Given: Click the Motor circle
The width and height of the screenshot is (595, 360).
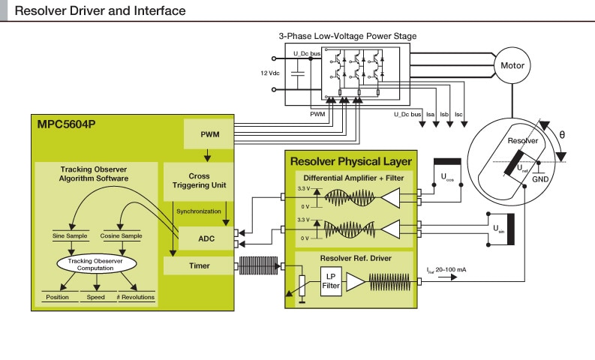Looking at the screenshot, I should (x=513, y=66).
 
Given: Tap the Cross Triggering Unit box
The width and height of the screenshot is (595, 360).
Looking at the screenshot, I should (x=199, y=180).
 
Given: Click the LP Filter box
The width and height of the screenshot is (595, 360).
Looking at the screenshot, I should (x=331, y=280).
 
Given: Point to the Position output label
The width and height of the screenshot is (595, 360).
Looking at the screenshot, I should (x=57, y=298).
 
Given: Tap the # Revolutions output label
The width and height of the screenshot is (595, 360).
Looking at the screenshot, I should (x=135, y=298).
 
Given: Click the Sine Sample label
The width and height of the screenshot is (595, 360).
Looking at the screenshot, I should (x=72, y=236).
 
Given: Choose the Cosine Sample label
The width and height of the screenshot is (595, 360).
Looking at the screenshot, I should (x=122, y=236).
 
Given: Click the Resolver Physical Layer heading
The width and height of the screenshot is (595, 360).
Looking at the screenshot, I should (x=351, y=161).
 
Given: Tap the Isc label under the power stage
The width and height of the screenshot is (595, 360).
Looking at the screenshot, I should (x=459, y=114).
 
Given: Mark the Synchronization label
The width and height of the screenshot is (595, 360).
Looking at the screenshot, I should (x=198, y=211).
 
